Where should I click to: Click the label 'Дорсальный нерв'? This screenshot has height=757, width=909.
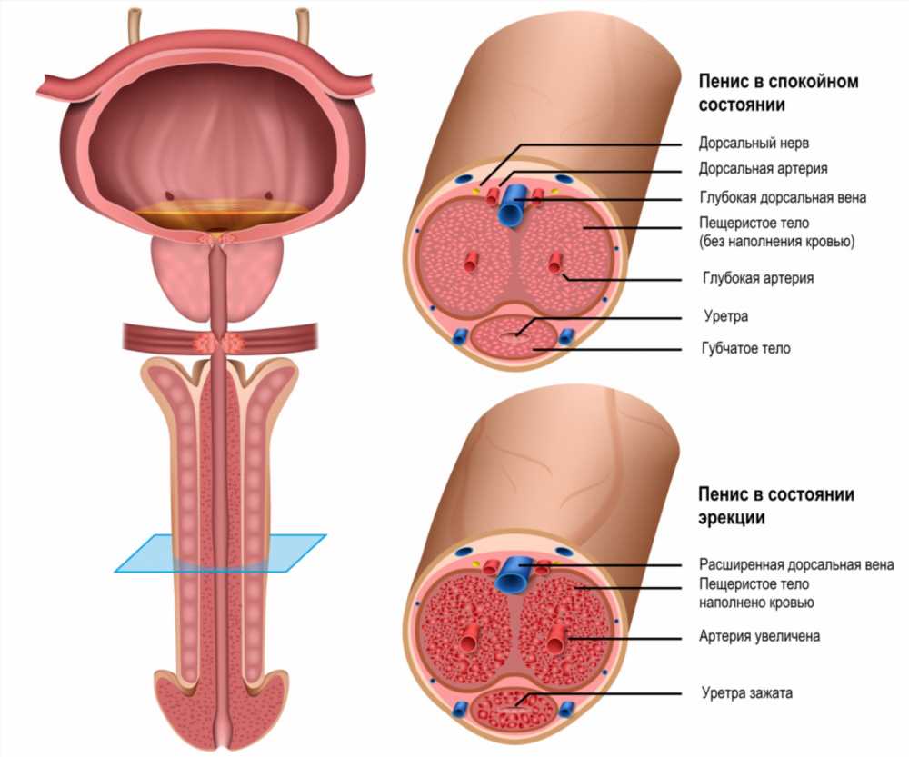click(x=754, y=143)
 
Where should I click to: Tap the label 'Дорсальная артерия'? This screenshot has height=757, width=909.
click(x=763, y=169)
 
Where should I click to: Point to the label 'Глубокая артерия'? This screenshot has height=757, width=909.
click(x=758, y=278)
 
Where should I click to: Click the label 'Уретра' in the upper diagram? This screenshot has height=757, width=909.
click(x=725, y=316)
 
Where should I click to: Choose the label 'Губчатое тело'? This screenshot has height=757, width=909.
click(x=746, y=348)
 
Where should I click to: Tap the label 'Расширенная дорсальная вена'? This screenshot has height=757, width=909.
click(x=796, y=564)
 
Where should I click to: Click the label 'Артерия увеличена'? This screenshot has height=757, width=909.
click(x=759, y=636)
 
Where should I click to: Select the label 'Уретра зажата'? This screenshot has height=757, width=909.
click(x=746, y=692)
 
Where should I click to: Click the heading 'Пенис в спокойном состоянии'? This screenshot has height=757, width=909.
click(x=778, y=93)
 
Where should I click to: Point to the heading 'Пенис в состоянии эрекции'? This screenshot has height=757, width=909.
click(x=776, y=505)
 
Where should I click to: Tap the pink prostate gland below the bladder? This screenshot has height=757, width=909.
click(x=217, y=278)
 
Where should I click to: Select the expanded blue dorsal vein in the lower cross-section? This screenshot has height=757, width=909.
click(x=513, y=573)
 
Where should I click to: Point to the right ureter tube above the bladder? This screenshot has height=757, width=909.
click(x=302, y=26)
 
